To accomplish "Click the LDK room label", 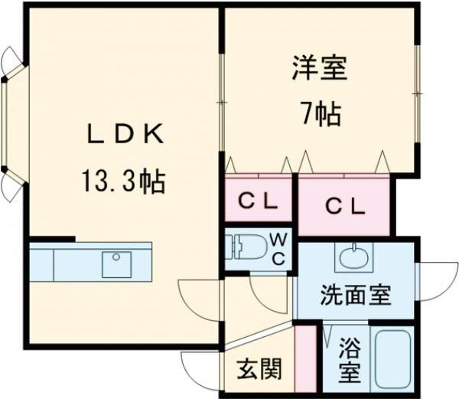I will click(x=125, y=136).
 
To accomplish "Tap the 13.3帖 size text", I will click(x=123, y=182).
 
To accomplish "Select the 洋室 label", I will click(x=320, y=68).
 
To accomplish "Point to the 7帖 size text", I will click(x=320, y=114).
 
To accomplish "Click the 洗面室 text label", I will click(x=355, y=294).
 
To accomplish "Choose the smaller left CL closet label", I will click(x=258, y=203).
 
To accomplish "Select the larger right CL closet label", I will click(x=344, y=205).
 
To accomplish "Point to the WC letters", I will click(x=278, y=249).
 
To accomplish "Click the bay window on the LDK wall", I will click(x=9, y=123).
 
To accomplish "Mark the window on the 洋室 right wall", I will click(x=418, y=93).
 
